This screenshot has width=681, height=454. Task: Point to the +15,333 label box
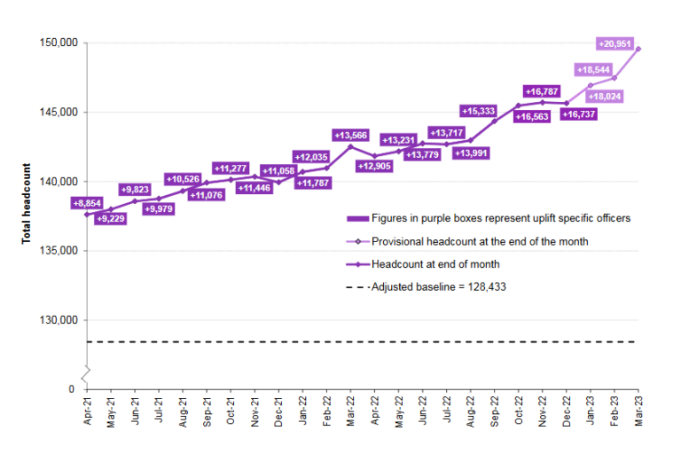tap(479, 111)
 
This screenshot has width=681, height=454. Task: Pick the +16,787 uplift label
tap(543, 91)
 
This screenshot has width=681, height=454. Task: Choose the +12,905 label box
tap(376, 166)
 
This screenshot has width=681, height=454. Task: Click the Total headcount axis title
tap(27, 204)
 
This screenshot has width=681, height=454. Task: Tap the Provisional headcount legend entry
tap(480, 240)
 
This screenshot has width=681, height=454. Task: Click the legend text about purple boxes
tap(501, 218)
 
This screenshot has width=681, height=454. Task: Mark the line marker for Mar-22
tap(350, 146)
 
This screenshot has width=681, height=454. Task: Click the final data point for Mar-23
tap(638, 49)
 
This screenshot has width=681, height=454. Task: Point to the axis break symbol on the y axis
tap(86, 372)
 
